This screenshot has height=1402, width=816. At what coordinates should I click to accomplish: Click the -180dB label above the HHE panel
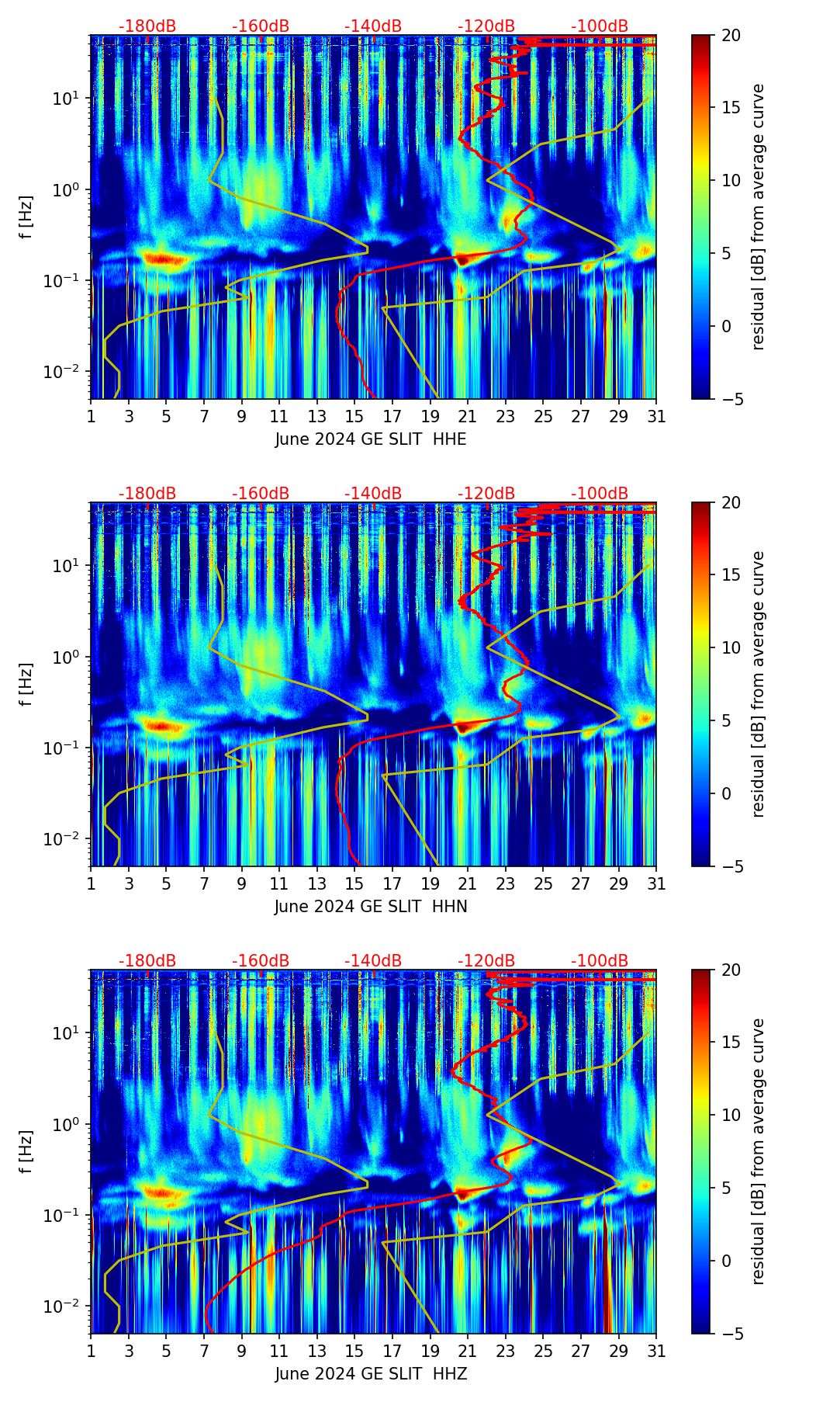pyautogui.click(x=147, y=26)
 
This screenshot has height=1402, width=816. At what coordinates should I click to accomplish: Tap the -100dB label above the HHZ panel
pyautogui.click(x=600, y=961)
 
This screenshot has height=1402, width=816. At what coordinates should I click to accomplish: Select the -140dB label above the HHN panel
pyautogui.click(x=373, y=494)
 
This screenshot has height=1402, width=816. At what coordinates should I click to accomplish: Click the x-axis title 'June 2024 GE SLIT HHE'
pyautogui.click(x=371, y=439)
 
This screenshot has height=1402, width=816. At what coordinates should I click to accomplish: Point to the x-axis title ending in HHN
pyautogui.click(x=371, y=907)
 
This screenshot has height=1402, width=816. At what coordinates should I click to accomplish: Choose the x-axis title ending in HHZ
pyautogui.click(x=371, y=1374)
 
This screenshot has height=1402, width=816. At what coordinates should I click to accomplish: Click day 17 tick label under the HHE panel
pyautogui.click(x=392, y=417)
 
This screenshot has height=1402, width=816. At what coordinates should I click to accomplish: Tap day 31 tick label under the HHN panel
pyautogui.click(x=656, y=884)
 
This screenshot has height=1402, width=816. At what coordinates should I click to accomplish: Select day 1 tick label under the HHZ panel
pyautogui.click(x=91, y=1352)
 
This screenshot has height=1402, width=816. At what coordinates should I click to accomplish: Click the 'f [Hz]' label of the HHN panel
pyautogui.click(x=26, y=684)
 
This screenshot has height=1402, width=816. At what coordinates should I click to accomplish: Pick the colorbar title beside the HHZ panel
pyautogui.click(x=758, y=1151)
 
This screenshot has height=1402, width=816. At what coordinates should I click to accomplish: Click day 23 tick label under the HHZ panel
pyautogui.click(x=506, y=1352)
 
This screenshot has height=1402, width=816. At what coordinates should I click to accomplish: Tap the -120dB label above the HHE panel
pyautogui.click(x=486, y=26)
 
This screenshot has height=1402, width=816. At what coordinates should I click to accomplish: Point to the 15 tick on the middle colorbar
pyautogui.click(x=731, y=575)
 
